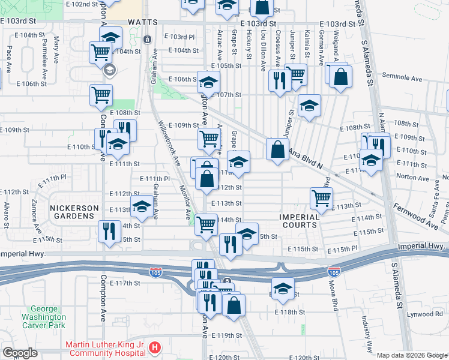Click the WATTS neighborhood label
(x=142, y=22)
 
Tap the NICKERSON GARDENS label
(x=74, y=209)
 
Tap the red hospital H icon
(x=155, y=347)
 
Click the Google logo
(x=20, y=353)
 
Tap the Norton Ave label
(x=414, y=177)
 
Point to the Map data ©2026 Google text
(x=412, y=355)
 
